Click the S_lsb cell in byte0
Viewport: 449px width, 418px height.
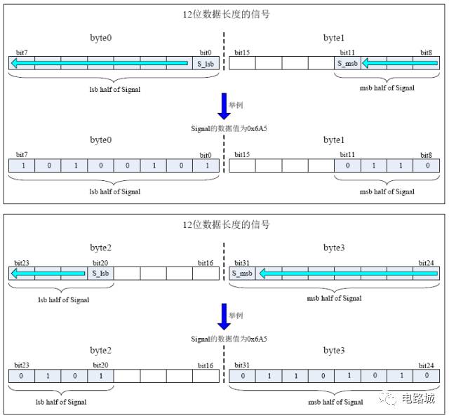pos(205,64)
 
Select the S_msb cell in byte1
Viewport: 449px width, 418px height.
pos(347,64)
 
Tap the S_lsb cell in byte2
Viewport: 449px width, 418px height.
pos(100,273)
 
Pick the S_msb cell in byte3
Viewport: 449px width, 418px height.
pos(241,273)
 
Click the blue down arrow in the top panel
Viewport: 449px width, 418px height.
pos(224,106)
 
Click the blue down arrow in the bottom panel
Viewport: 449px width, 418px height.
pos(224,316)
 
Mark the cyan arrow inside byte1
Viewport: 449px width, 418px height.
pos(399,64)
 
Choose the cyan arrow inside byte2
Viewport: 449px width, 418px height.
pos(49,273)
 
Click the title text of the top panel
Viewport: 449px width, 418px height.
pos(224,15)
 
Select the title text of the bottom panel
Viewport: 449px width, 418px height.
pos(224,224)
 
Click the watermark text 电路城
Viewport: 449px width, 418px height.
pos(420,398)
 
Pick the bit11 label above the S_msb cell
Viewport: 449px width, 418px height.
pos(347,53)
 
